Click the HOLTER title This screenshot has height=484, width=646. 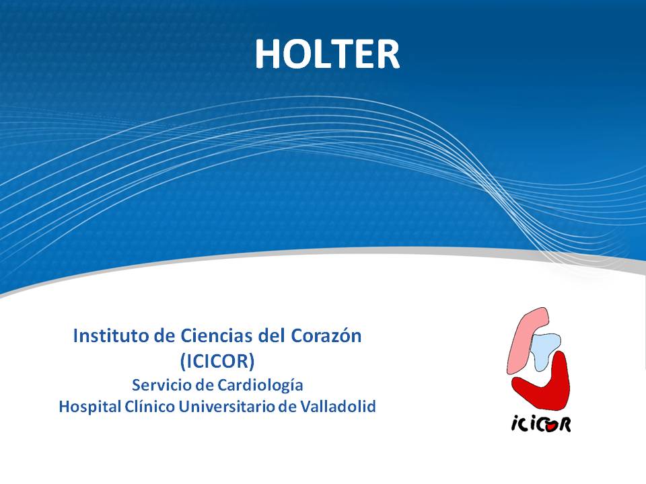pos(327,54)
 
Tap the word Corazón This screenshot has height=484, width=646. pos(326,336)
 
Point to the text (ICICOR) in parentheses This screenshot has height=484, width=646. pos(217,361)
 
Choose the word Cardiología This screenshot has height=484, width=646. pos(260,386)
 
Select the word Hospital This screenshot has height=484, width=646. pos(90,407)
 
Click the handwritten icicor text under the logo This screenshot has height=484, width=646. pos(541,424)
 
